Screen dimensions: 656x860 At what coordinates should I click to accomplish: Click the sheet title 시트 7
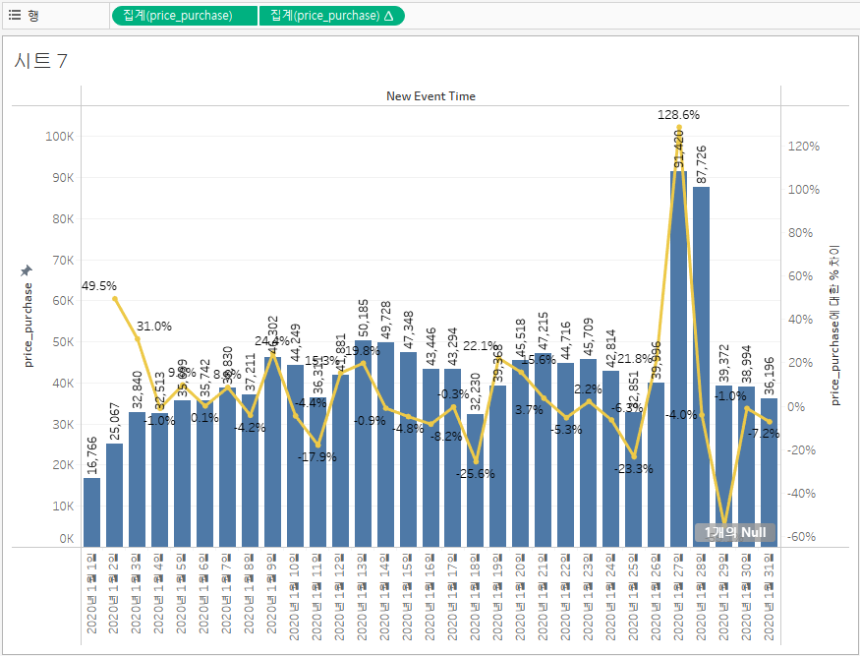pos(41,61)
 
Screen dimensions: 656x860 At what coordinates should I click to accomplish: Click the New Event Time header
pos(430,96)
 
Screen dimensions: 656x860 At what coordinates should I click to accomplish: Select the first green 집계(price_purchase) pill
pos(185,16)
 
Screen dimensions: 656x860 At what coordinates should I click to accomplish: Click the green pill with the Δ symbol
pos(331,16)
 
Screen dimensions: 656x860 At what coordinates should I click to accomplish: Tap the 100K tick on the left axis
pos(60,137)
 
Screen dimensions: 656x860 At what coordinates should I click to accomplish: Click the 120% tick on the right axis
pos(803,147)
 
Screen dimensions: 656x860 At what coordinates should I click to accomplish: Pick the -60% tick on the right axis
pos(803,537)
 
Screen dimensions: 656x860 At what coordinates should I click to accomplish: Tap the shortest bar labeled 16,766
pos(91,511)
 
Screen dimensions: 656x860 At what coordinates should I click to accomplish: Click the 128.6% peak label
pos(678,115)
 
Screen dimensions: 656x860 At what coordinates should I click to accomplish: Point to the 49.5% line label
pos(99,286)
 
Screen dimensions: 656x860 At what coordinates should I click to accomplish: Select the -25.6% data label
pos(476,473)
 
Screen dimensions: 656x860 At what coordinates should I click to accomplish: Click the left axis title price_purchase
pos(28,325)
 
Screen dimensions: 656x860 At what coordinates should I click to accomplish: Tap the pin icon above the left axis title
pos(27,269)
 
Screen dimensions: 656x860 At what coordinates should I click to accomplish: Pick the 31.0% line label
pos(154,326)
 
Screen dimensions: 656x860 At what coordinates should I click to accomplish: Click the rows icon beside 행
pos(15,15)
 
